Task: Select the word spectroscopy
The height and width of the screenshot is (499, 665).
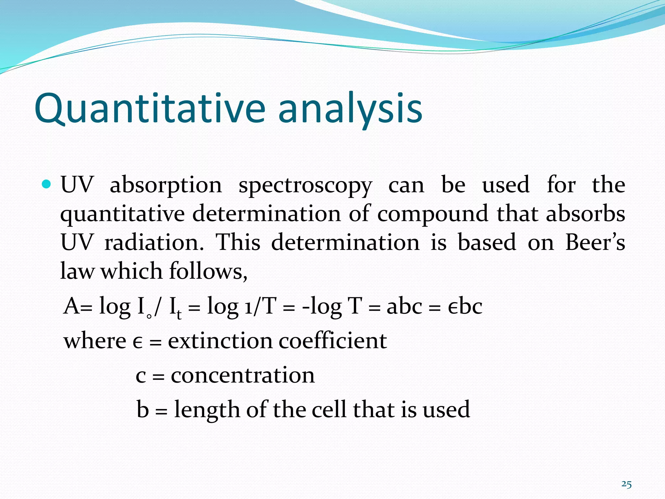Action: tap(305, 185)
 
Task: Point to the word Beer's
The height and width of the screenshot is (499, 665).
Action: tap(595, 242)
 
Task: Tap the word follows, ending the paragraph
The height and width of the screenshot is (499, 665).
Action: tap(208, 271)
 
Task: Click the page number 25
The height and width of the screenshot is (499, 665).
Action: tap(626, 484)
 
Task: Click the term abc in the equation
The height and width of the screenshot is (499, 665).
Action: tap(404, 306)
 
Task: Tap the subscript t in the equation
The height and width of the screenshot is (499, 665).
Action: tap(179, 315)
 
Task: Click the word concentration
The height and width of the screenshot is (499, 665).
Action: tap(243, 375)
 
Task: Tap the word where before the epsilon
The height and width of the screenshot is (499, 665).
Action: tap(95, 341)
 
